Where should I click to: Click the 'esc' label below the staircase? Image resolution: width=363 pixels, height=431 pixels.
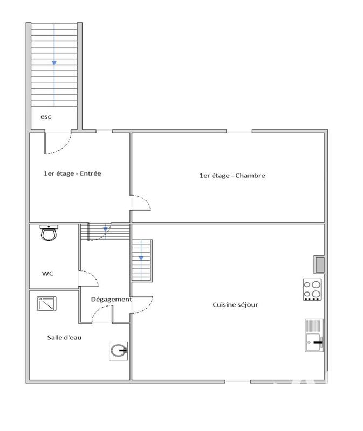point(46,117)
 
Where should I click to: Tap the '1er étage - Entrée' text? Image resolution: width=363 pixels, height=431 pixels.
point(72,173)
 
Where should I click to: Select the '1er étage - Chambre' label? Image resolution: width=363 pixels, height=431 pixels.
point(232,175)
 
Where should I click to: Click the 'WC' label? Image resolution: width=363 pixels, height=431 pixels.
point(47,273)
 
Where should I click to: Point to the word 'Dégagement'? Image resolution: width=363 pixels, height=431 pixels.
point(111,300)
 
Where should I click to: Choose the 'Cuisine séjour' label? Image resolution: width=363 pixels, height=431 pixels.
point(235,304)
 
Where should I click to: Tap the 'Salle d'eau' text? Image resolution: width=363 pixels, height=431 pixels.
point(64,337)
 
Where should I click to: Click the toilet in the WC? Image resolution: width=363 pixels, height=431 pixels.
point(49,234)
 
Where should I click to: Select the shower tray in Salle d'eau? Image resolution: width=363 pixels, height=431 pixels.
point(46,303)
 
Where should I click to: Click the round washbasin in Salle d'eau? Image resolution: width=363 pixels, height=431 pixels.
point(118,351)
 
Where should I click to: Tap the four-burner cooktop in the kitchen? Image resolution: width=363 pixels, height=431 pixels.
point(312,289)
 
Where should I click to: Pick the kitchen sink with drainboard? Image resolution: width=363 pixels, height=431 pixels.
point(313,335)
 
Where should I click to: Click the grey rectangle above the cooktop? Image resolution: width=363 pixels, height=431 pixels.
point(319,264)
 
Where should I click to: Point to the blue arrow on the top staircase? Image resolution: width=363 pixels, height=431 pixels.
point(54,63)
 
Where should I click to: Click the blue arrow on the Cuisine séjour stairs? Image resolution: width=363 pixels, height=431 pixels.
point(141,258)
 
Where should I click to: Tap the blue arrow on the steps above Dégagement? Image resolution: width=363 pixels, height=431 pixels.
point(106,230)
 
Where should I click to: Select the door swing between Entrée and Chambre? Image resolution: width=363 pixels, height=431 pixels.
point(142,203)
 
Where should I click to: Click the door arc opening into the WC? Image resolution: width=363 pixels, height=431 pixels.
point(90,278)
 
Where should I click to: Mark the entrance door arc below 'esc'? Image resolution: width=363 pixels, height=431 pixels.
point(58,143)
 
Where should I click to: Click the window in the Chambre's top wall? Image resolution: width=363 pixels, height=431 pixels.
point(239,131)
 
